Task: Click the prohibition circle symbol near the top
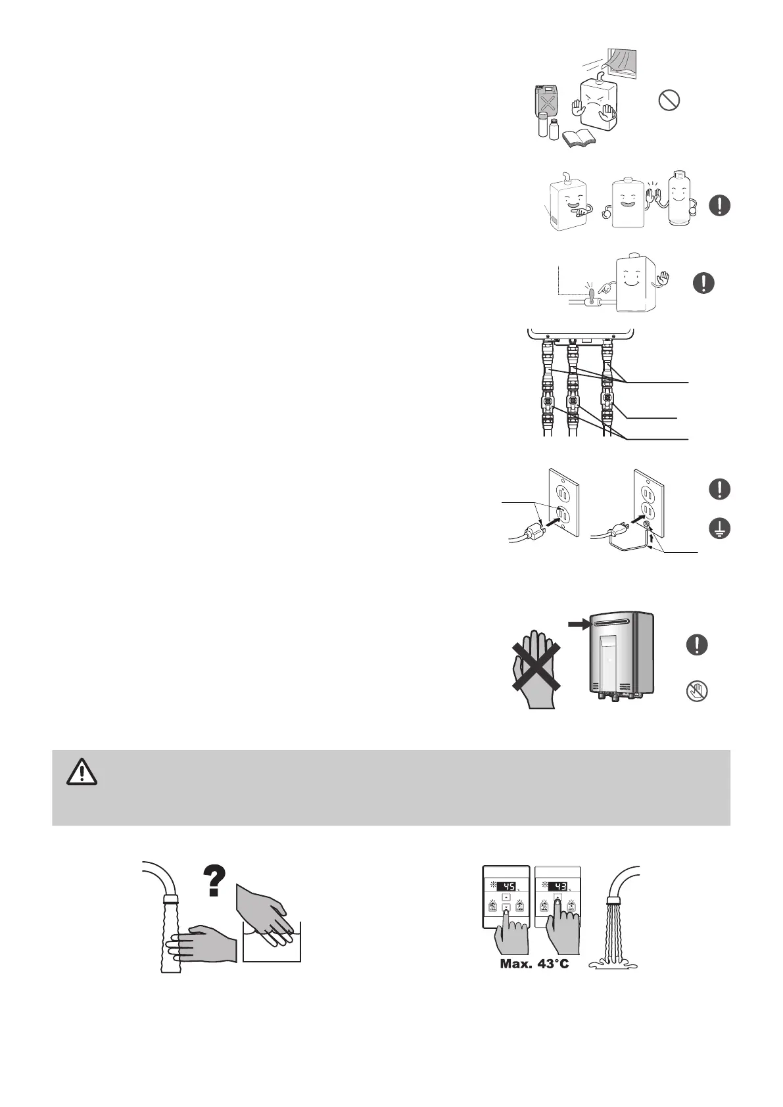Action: (x=669, y=101)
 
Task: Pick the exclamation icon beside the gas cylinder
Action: (x=721, y=205)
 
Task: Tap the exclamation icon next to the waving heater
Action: (x=703, y=283)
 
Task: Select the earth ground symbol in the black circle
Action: (x=721, y=529)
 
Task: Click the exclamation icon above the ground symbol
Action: (x=721, y=488)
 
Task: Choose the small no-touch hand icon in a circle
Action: (x=696, y=692)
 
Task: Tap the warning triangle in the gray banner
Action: (x=82, y=772)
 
